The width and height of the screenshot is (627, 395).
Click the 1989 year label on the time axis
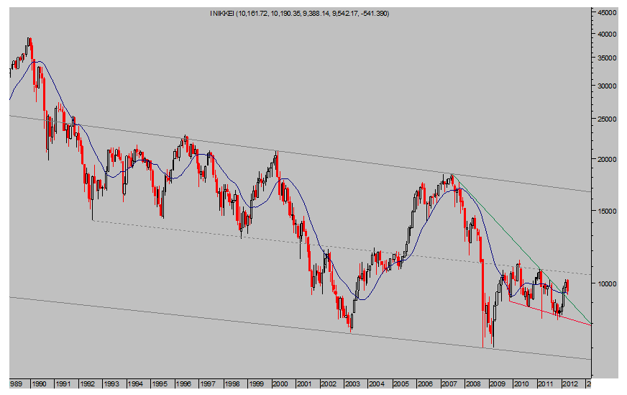tap(16, 384)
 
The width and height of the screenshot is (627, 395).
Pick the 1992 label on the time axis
tap(88, 384)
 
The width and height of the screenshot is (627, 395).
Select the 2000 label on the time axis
tap(280, 384)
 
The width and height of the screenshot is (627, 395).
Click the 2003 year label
tap(352, 384)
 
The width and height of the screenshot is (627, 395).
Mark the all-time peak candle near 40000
tap(29, 39)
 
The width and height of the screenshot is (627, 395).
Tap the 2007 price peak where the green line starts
tap(452, 175)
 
